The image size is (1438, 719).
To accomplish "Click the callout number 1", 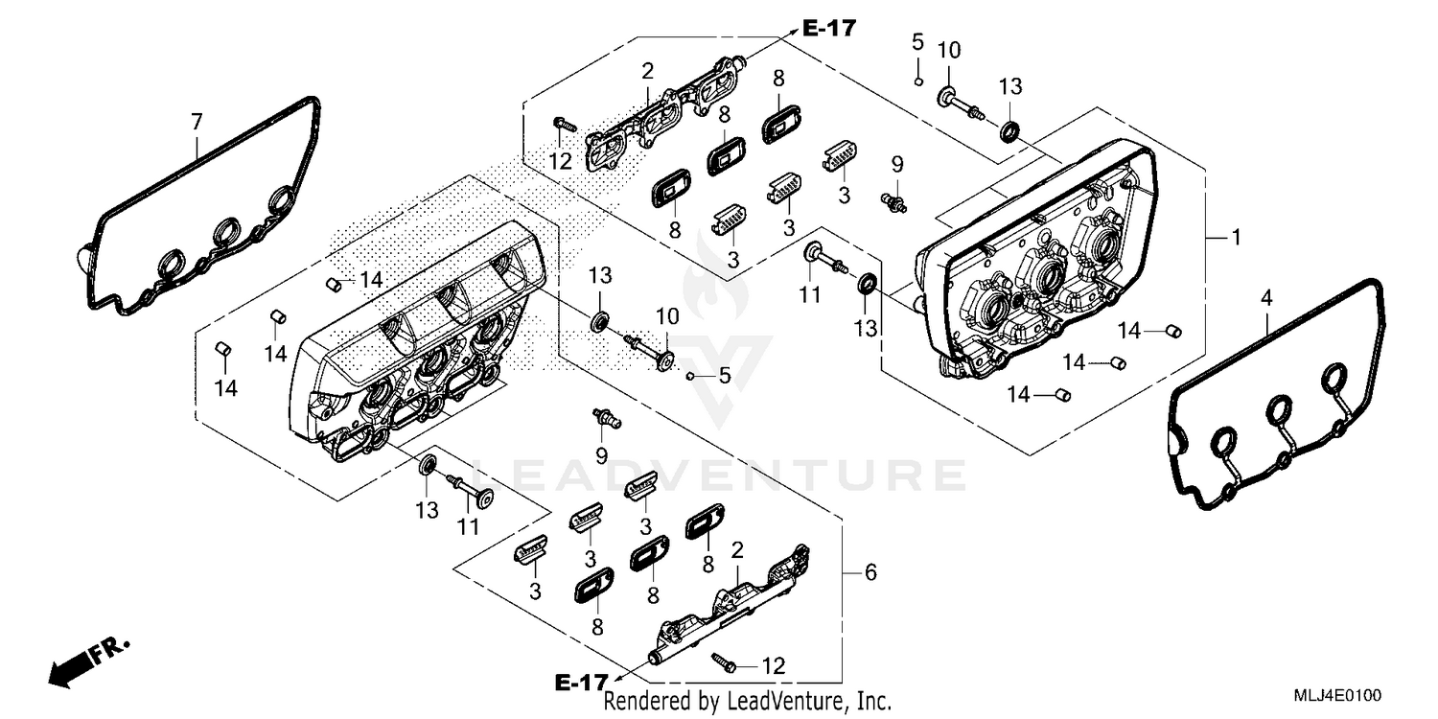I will [1236, 237].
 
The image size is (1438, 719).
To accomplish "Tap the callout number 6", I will [870, 572].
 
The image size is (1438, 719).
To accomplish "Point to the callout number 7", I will [197, 122].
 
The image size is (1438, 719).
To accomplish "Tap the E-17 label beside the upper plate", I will [828, 29].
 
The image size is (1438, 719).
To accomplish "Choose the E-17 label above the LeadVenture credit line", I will [582, 682].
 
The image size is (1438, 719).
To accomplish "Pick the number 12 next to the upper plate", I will [561, 162].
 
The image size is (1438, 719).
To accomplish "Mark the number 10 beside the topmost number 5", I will [948, 50].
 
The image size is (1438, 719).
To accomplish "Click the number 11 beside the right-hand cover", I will [810, 295].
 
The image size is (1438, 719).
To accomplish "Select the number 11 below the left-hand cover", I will [467, 526].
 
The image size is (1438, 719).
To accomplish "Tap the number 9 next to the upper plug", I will [897, 163].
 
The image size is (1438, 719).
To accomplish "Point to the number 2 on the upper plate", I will [648, 70].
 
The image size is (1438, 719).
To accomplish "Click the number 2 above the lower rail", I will [736, 549].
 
